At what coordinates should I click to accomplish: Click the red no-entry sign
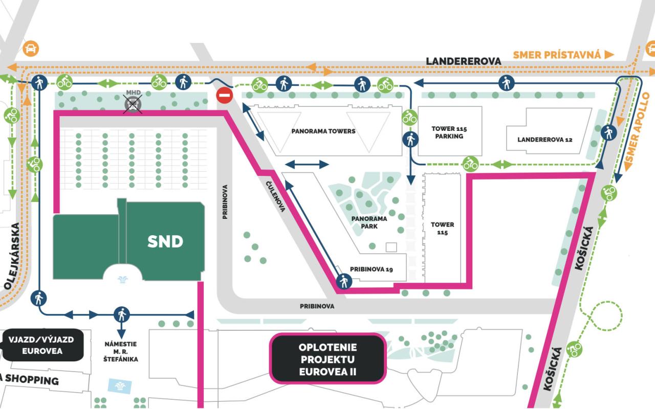pos(225,95)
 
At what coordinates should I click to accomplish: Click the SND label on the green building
pos(165,241)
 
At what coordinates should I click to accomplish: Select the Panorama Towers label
pos(323,131)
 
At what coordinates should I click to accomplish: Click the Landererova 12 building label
pos(544,140)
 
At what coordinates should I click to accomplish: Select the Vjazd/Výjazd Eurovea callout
pos(41,345)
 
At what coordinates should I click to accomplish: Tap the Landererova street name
pos(464,61)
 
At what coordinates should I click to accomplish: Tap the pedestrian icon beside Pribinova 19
pos(344,281)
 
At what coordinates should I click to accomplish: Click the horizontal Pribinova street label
pos(317,306)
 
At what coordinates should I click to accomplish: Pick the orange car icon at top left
pos(31,49)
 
